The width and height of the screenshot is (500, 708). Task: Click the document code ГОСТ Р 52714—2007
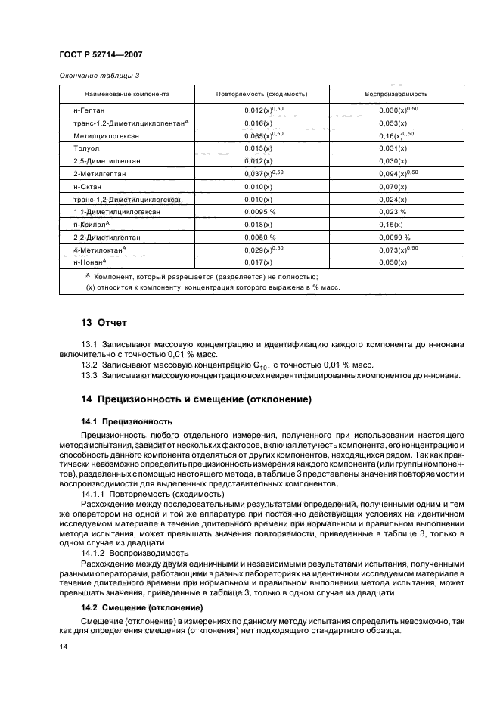click(x=101, y=54)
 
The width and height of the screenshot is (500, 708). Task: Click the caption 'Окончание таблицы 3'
click(x=99, y=76)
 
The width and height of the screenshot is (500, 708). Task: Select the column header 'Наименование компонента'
click(x=127, y=95)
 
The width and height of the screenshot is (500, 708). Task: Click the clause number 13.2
click(x=89, y=365)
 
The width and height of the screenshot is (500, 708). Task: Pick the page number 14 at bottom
click(x=64, y=647)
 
